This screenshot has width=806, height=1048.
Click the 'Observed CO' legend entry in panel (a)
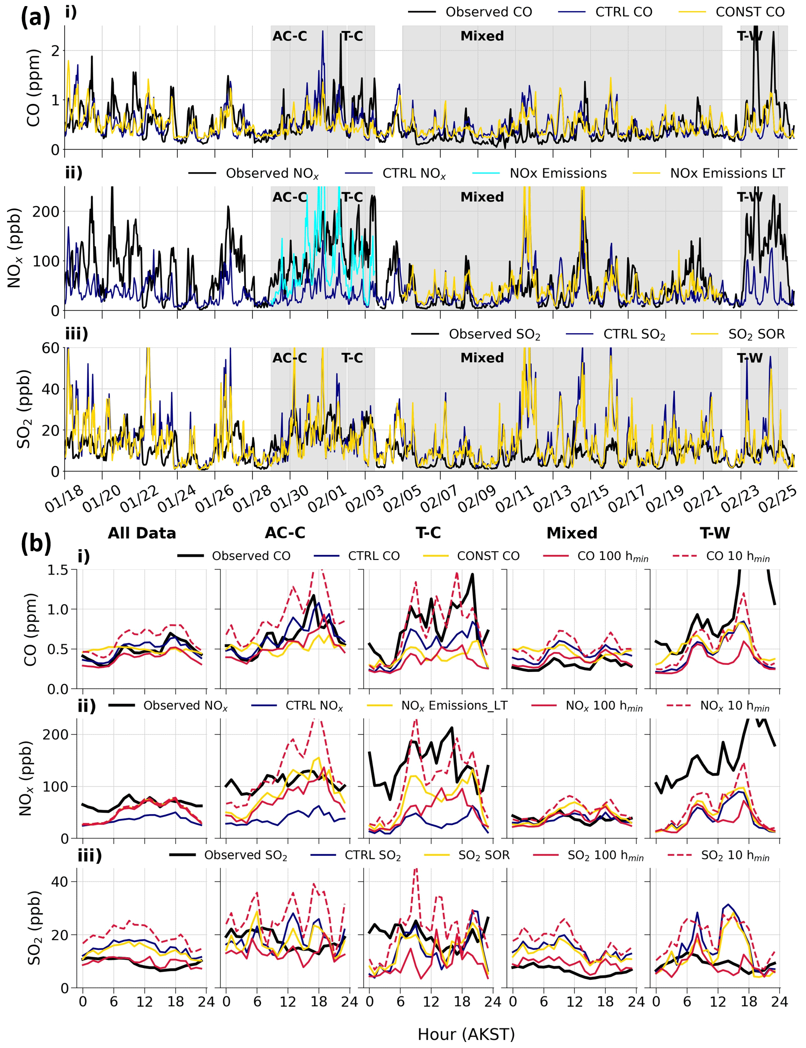(488, 12)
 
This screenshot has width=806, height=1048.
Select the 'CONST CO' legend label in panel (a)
(750, 12)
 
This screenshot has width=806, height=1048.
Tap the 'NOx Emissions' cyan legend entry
(558, 173)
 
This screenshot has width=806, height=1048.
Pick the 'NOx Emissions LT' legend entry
(727, 173)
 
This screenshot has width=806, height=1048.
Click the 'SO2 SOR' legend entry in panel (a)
(756, 334)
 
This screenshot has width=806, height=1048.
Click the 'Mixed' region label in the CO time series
(482, 36)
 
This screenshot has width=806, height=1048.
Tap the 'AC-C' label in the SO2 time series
(290, 358)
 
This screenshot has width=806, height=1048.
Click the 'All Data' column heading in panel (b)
(141, 533)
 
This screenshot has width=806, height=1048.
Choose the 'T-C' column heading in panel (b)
(428, 533)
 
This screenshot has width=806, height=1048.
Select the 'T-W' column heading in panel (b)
(715, 533)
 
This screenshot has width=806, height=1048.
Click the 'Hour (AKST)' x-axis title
(466, 1034)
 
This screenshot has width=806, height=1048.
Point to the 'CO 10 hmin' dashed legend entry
(737, 556)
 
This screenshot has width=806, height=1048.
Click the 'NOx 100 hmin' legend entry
(604, 706)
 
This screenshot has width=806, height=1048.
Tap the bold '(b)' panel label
(36, 544)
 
